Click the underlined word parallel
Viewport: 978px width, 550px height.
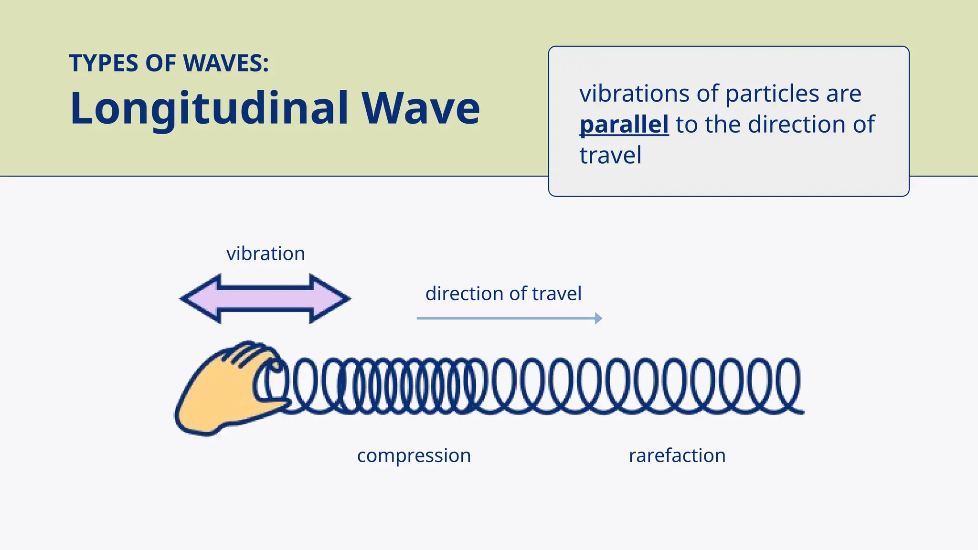pos(624,125)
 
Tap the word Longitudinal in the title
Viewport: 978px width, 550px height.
pos(209,109)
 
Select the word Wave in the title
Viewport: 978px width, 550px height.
pos(420,109)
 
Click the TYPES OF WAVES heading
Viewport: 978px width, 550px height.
pos(169,63)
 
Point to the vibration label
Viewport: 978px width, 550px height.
pos(266,254)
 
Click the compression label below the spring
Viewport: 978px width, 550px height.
pos(414,455)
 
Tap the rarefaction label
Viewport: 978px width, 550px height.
pos(677,455)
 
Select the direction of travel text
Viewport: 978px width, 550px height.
pos(503,294)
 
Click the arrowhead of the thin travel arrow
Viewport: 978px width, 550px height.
pos(598,318)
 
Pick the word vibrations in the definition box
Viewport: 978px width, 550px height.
pos(634,94)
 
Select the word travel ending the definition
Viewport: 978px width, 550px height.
pos(610,156)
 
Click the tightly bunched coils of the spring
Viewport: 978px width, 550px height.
pos(411,386)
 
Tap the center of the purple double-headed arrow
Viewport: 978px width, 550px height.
pos(266,299)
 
